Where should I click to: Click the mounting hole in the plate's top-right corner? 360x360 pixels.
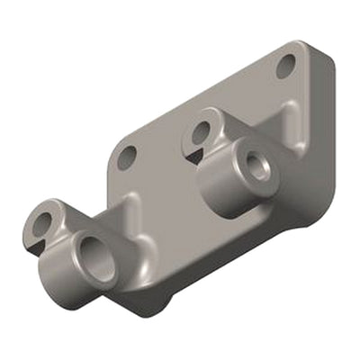click(x=286, y=65)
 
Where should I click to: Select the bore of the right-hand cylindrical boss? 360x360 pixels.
click(x=258, y=168)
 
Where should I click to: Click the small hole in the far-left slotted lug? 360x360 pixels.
click(x=43, y=220)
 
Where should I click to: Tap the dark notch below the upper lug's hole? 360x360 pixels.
click(x=193, y=155)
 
